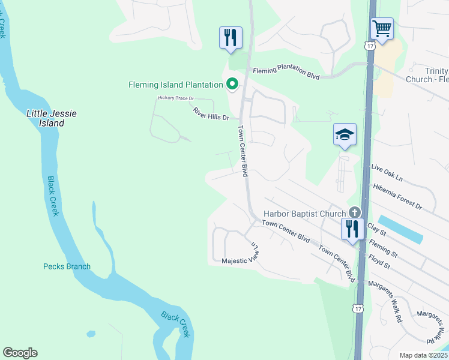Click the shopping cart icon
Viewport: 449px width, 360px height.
coord(382,28)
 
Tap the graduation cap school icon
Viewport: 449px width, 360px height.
coord(345,134)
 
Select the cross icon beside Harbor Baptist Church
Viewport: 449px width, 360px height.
coord(355,212)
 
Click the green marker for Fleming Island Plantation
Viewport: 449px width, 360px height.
coord(231,85)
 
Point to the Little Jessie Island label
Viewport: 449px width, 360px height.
coord(51,118)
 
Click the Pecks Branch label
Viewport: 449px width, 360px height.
coord(67,266)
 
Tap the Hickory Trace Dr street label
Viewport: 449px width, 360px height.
coord(176,98)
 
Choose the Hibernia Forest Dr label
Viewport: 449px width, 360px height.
coord(397,196)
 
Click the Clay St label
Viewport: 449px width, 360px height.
coord(376,228)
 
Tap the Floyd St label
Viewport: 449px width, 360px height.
coord(379,263)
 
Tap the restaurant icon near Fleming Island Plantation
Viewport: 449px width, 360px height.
coord(231,37)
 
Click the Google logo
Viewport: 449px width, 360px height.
coord(20,353)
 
